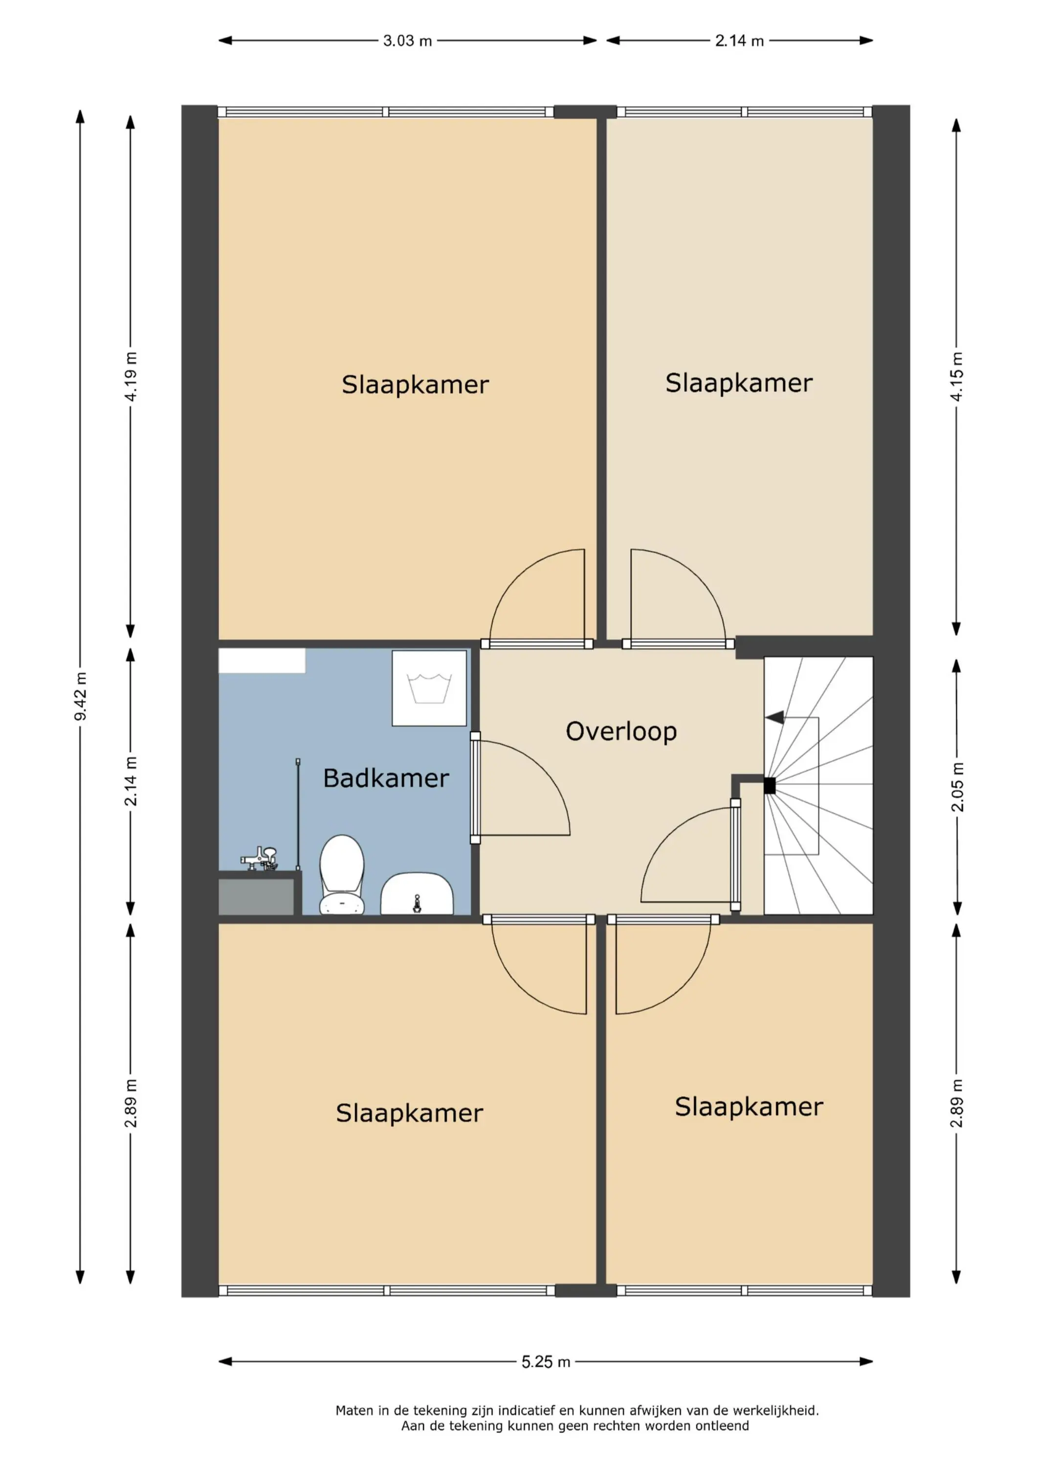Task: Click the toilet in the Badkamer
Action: pyautogui.click(x=342, y=875)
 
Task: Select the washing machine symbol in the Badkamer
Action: pyautogui.click(x=429, y=688)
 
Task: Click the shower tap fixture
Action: pyautogui.click(x=260, y=859)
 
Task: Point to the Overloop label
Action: pyautogui.click(x=621, y=732)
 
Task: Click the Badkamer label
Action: pyautogui.click(x=386, y=778)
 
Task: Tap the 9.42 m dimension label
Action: pyautogui.click(x=81, y=696)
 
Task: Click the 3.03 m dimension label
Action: pyautogui.click(x=408, y=41)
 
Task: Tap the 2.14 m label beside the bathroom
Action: pyautogui.click(x=131, y=781)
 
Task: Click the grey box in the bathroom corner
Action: pyautogui.click(x=256, y=896)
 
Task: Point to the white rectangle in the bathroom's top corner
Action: pyautogui.click(x=262, y=661)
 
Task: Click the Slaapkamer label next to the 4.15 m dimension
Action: pyautogui.click(x=739, y=383)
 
